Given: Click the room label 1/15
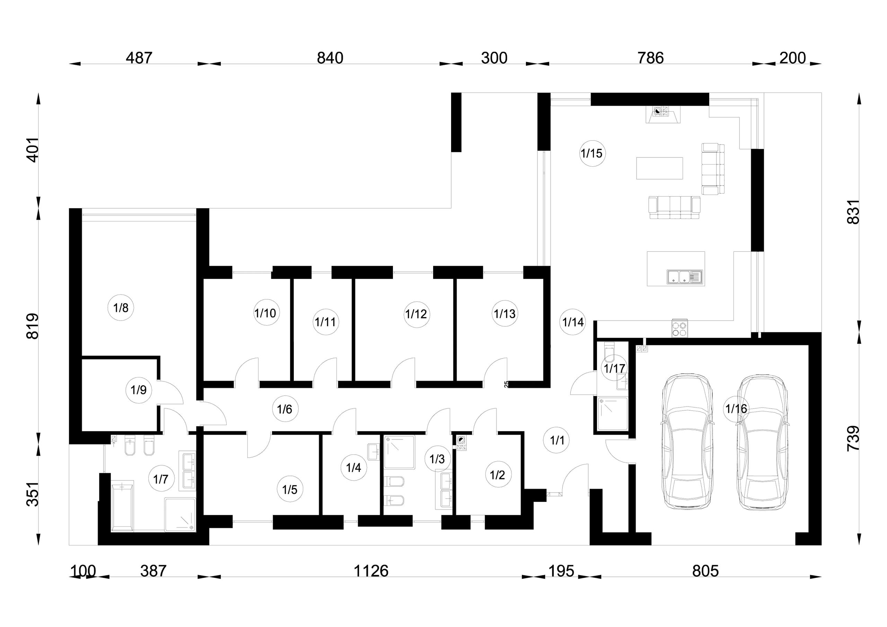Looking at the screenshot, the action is point(591,154).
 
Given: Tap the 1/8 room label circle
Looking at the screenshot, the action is point(121,308).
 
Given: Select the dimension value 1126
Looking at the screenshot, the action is point(371,571).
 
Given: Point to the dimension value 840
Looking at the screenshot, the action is point(330,58).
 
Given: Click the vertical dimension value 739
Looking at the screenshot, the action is point(853,438).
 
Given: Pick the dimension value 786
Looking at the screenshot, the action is point(651,58).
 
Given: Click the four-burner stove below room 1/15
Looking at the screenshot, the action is point(680,328).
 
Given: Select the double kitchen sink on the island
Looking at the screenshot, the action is point(685,277).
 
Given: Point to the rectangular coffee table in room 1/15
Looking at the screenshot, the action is point(659,168).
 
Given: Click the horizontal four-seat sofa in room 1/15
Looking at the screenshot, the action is point(674,208).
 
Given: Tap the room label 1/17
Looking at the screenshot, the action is point(614,368).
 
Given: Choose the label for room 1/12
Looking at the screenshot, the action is point(416,314).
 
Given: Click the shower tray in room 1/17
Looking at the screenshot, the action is point(612,413).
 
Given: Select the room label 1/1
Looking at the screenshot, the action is point(557,440).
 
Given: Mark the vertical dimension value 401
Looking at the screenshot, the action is point(33,150).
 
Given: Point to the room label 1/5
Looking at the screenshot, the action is point(289,489).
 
